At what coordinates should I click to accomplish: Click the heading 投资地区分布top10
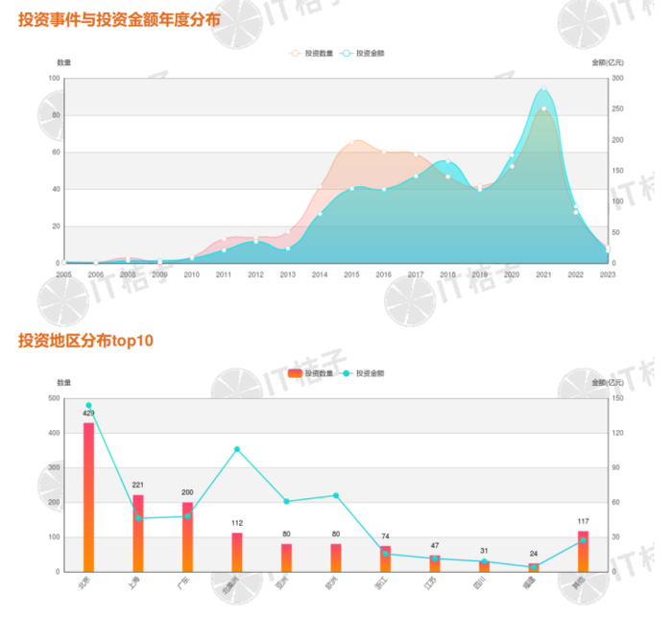[85, 340]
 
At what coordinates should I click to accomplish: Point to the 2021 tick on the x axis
[543, 274]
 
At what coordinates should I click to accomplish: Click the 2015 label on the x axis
[351, 274]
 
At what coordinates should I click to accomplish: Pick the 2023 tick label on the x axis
[607, 274]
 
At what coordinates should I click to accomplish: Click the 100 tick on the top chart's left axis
[55, 79]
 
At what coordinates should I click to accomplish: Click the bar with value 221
[138, 533]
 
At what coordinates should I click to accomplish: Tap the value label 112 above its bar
[237, 523]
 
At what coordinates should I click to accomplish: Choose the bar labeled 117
[583, 551]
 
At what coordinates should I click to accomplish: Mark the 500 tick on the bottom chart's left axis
[54, 398]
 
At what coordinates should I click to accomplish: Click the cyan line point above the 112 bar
[237, 449]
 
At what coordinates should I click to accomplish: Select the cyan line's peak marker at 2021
[543, 89]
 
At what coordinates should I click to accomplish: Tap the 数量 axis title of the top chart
[64, 62]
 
